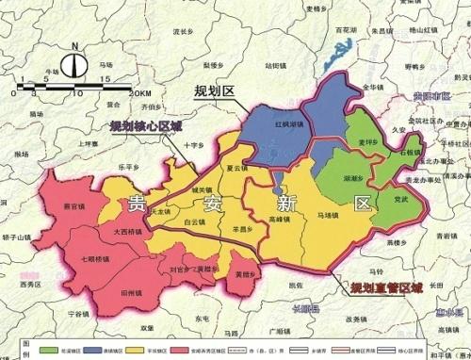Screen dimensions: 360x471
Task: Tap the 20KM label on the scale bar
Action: click(139, 93)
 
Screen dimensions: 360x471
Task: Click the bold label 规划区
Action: click(213, 91)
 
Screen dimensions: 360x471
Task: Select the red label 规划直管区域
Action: click(387, 287)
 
